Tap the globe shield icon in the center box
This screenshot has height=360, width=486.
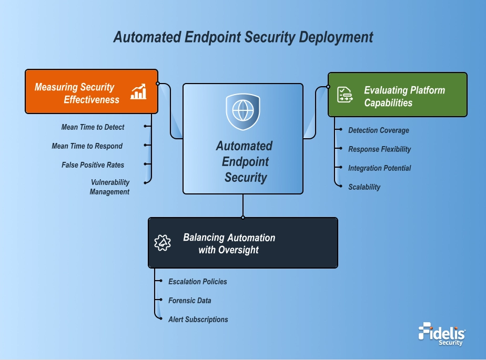242,111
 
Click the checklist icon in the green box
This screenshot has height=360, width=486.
345,95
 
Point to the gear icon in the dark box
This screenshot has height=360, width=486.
163,242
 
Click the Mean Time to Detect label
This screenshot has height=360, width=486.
93,127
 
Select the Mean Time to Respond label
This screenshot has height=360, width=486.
87,146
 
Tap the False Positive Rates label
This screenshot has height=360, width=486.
93,165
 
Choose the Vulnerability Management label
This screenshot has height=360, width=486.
109,187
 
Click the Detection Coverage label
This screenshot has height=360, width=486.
378,130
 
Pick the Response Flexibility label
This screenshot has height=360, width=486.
379,149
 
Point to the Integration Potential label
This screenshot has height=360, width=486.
379,168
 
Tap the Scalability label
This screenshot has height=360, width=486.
364,187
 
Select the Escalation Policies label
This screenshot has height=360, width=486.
198,282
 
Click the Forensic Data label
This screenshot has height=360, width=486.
189,301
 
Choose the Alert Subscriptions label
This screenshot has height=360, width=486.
198,320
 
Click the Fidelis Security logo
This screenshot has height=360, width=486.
442,334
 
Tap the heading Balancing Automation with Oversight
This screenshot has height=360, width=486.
229,244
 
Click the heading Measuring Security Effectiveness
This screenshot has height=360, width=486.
77,93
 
